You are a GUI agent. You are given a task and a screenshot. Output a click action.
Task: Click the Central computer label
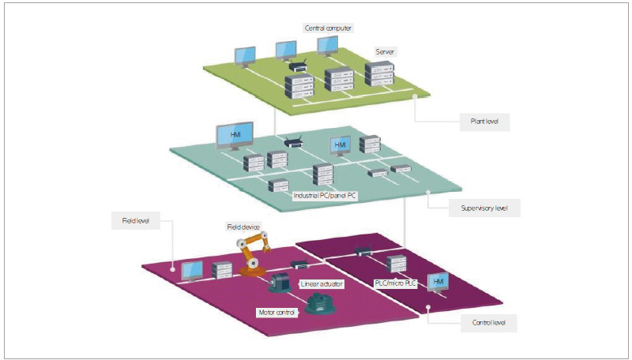(x=328, y=28)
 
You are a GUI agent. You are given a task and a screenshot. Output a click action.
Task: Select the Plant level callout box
(x=484, y=122)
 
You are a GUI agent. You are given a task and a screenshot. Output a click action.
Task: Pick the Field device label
(x=244, y=227)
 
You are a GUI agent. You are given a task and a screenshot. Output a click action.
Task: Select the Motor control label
(x=276, y=312)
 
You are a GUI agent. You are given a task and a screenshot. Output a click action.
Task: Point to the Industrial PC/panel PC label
(x=326, y=194)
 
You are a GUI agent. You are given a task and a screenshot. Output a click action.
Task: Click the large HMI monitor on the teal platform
(x=235, y=135)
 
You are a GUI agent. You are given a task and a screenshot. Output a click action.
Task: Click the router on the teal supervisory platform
(x=294, y=143)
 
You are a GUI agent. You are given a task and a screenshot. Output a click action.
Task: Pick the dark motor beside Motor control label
(x=320, y=304)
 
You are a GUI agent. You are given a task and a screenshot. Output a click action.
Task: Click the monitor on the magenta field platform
(x=192, y=271)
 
